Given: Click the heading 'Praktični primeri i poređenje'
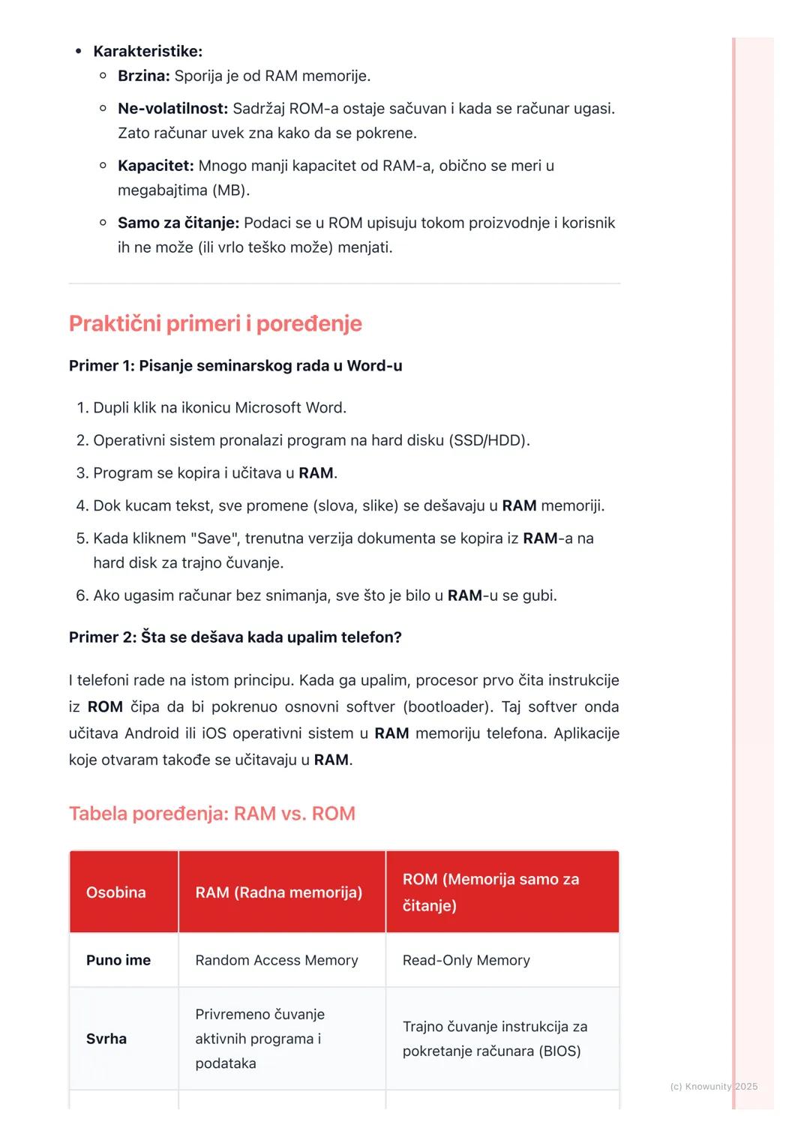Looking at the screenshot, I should click(x=215, y=323).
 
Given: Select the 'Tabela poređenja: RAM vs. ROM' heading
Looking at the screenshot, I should click(x=212, y=814).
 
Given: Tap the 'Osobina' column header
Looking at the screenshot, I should click(x=116, y=892).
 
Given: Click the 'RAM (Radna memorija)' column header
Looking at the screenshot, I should click(x=279, y=892).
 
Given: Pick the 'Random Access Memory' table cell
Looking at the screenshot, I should click(x=277, y=960).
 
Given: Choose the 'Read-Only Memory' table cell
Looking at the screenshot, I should click(x=466, y=960).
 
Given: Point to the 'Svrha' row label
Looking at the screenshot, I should click(x=106, y=1039).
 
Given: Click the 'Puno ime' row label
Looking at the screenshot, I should click(x=118, y=960).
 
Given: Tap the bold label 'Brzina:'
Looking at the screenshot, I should click(x=144, y=76).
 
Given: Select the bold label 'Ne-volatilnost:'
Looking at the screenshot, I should click(x=172, y=109).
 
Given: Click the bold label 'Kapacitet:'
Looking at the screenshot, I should click(x=156, y=166).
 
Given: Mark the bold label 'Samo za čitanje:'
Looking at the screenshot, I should click(x=178, y=223).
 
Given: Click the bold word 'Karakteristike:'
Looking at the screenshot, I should click(x=148, y=51).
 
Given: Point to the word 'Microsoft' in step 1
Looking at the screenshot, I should click(x=269, y=408).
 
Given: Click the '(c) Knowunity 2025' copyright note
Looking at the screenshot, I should click(x=713, y=1087).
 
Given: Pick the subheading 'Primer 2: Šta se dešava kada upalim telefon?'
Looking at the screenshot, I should click(x=235, y=637).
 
